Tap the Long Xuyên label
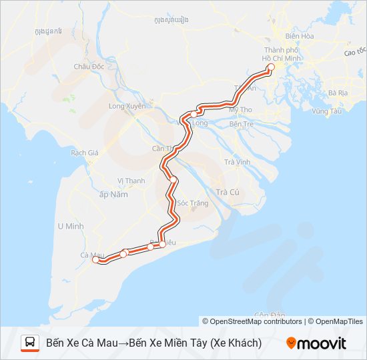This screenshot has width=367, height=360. click(x=126, y=105)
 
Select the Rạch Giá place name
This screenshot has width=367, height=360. click(x=85, y=152)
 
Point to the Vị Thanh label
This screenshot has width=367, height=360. click(x=131, y=180)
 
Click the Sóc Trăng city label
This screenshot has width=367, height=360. click(x=193, y=203)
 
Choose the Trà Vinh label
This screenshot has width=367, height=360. click(x=237, y=162)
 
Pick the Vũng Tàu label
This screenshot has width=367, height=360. click(x=326, y=111)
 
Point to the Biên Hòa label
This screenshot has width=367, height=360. click(x=300, y=36)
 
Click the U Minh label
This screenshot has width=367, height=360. click(x=70, y=226)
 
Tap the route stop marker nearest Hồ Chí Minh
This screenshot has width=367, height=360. click(x=270, y=67)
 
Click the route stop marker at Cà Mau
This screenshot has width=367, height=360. click(x=95, y=260)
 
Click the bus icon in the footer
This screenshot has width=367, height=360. click(x=30, y=343)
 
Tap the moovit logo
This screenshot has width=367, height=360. click(x=316, y=343)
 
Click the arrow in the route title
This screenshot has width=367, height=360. click(x=123, y=343)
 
